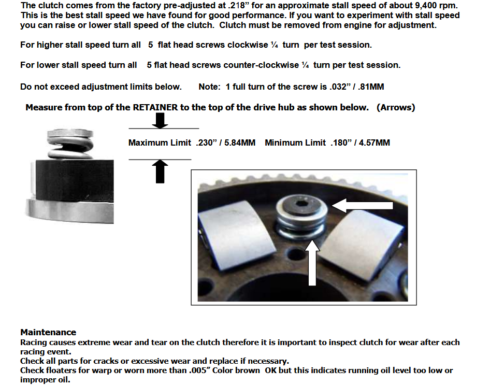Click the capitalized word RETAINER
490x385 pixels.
click(155, 107)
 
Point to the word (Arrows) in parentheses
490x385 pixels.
click(396, 107)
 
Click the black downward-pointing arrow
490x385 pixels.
click(160, 121)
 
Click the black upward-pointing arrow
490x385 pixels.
click(160, 171)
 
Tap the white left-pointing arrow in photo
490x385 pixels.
click(362, 205)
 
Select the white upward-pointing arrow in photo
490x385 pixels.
click(312, 263)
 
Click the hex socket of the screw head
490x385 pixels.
click(301, 204)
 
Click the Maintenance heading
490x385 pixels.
click(49, 332)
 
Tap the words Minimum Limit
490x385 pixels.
click(295, 143)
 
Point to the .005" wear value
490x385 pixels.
click(199, 370)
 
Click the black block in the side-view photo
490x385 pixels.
click(75, 180)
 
